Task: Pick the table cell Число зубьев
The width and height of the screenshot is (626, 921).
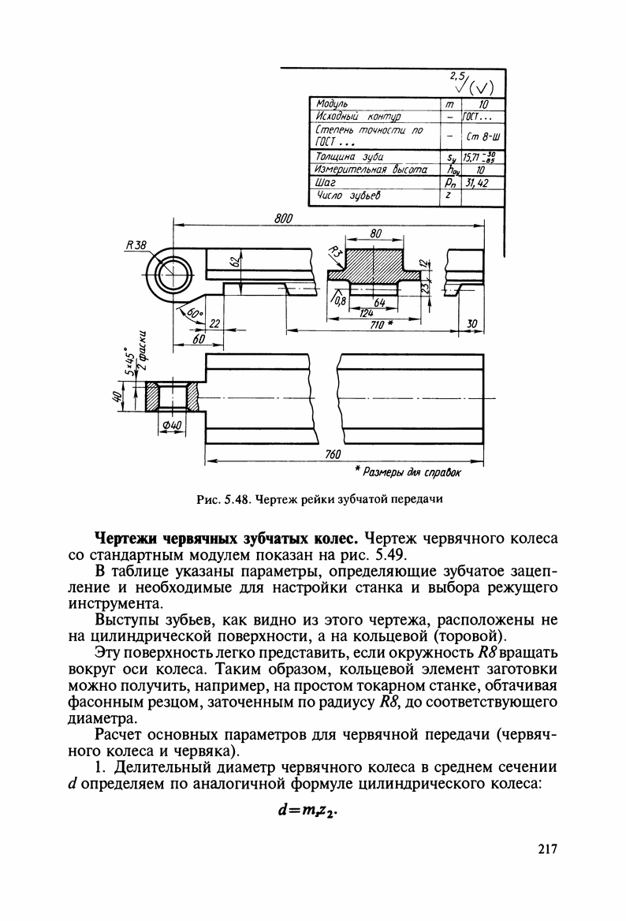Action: point(348,195)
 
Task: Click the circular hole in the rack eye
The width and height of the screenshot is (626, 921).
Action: point(173,277)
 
